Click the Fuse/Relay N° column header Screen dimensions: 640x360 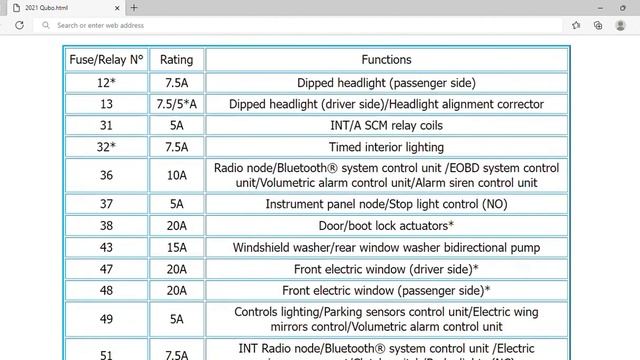[106, 60]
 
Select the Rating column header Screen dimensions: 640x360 [177, 60]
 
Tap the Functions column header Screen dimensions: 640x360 [386, 60]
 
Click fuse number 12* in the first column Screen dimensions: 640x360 [106, 83]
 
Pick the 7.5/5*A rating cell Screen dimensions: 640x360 [177, 104]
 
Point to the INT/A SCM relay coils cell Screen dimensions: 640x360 [386, 125]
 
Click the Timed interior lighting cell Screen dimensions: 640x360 [386, 147]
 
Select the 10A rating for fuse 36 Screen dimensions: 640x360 [177, 175]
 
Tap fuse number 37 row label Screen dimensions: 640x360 [106, 204]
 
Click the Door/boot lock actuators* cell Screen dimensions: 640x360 [386, 225]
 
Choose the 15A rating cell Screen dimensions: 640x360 [177, 247]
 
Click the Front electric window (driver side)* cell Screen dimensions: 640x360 [386, 269]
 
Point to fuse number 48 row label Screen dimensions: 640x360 [106, 290]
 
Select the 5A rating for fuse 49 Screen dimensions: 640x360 [177, 319]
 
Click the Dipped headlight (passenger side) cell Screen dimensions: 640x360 [386, 83]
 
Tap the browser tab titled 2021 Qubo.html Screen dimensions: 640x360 [60, 7]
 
